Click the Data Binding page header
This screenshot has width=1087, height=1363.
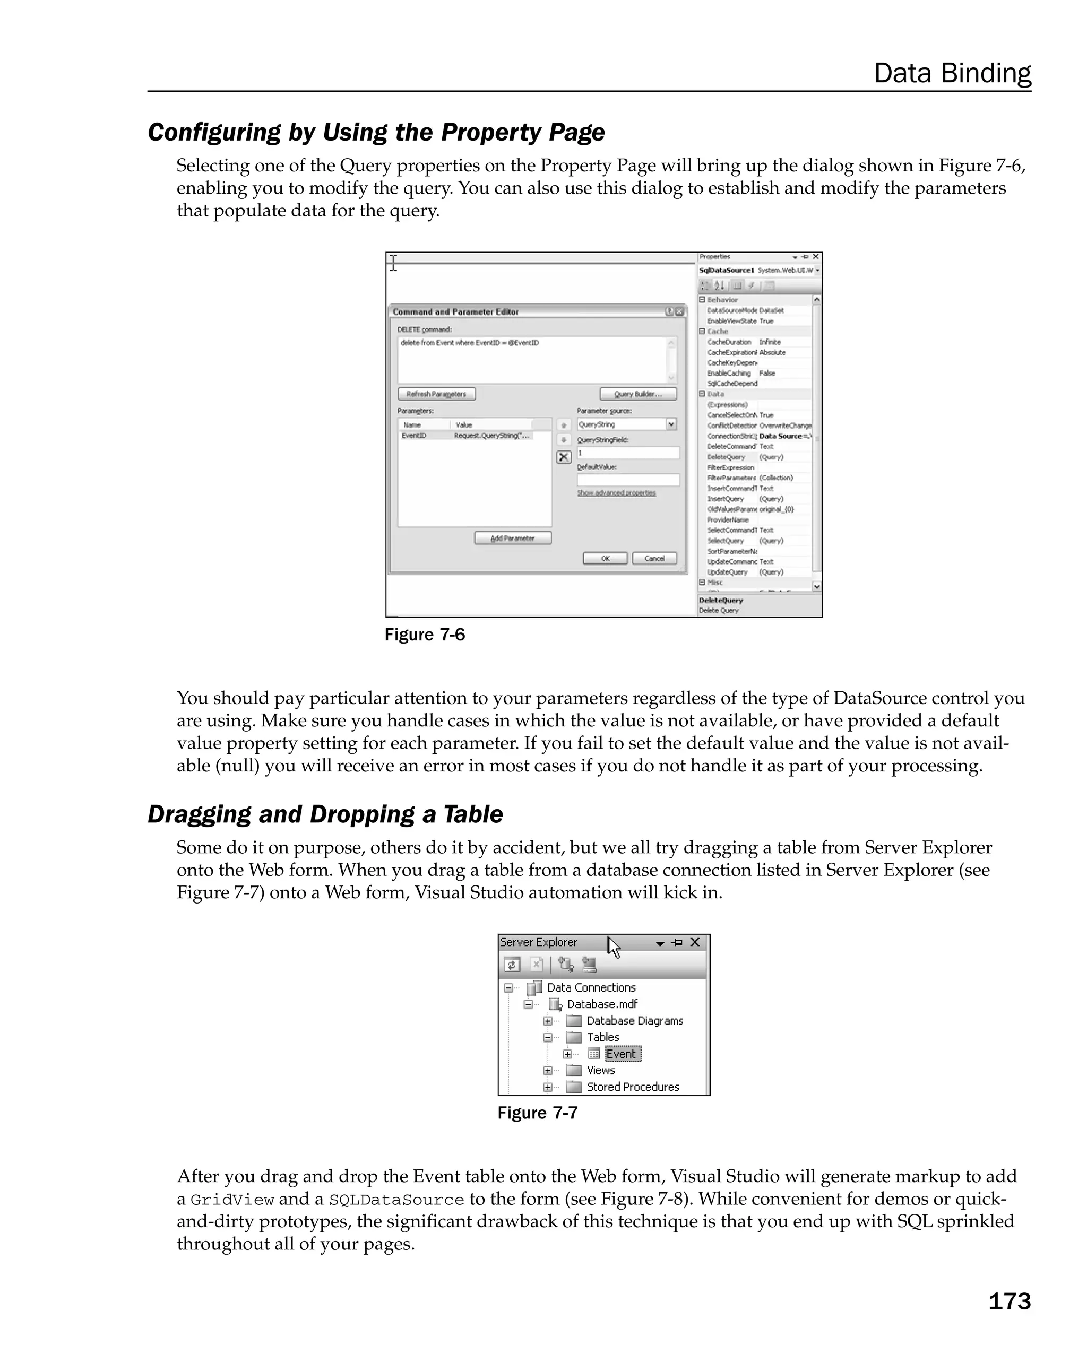952,73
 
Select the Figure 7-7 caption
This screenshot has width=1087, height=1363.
538,1113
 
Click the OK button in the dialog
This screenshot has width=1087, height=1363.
605,558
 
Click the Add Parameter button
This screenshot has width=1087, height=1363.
512,538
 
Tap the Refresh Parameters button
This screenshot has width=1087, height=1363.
436,394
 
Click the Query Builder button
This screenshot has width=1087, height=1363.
637,394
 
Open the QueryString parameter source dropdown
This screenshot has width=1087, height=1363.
671,424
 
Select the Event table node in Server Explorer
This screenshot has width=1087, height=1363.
622,1054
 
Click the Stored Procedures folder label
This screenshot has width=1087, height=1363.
632,1087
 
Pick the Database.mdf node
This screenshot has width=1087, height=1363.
602,1004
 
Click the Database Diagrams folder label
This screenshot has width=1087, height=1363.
634,1020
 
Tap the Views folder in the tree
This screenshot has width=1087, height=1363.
600,1070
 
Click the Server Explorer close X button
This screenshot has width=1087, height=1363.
695,942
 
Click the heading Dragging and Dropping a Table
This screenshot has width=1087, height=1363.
325,814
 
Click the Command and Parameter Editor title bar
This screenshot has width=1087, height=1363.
506,311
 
